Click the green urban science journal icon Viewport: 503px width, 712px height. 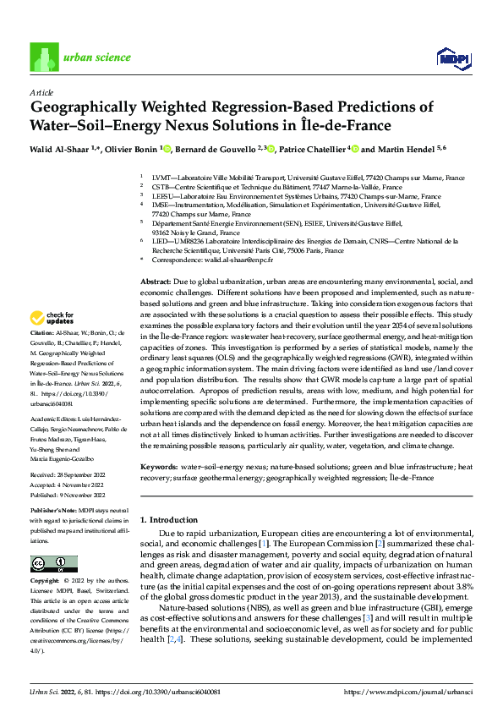pyautogui.click(x=43, y=58)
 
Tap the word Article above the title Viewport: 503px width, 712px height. pyautogui.click(x=41, y=91)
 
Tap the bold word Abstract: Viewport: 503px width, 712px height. pyautogui.click(x=155, y=281)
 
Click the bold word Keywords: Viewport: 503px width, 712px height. pyautogui.click(x=158, y=467)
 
